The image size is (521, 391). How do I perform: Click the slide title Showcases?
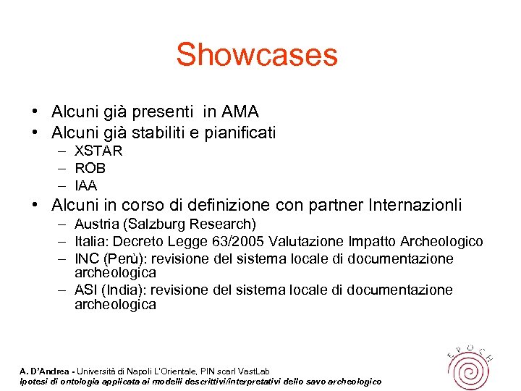(256, 55)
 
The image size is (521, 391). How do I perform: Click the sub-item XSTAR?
(98, 151)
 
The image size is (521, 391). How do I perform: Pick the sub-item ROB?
(90, 168)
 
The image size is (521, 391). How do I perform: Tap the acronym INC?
(86, 258)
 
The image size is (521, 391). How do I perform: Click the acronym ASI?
(85, 290)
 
